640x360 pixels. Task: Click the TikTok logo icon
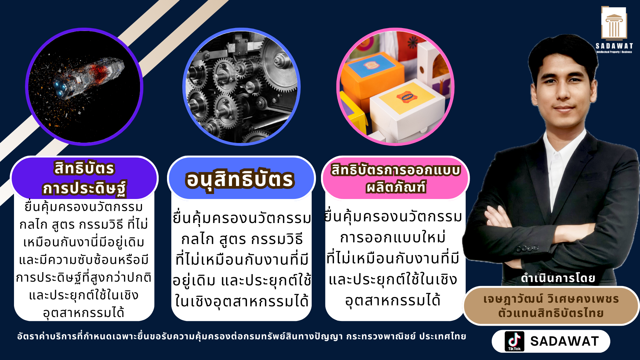click(514, 341)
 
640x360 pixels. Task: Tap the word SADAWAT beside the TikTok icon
click(564, 341)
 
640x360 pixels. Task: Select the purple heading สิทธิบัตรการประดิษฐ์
click(84, 178)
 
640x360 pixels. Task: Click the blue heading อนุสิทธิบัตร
click(240, 179)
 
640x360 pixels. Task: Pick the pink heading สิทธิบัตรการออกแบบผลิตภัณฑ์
click(396, 178)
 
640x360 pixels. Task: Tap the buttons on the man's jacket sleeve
click(527, 249)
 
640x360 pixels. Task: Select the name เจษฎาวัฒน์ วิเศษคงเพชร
click(551, 299)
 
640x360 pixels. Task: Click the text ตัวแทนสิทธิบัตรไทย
click(551, 313)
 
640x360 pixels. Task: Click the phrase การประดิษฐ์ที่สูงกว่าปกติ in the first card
click(84, 277)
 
